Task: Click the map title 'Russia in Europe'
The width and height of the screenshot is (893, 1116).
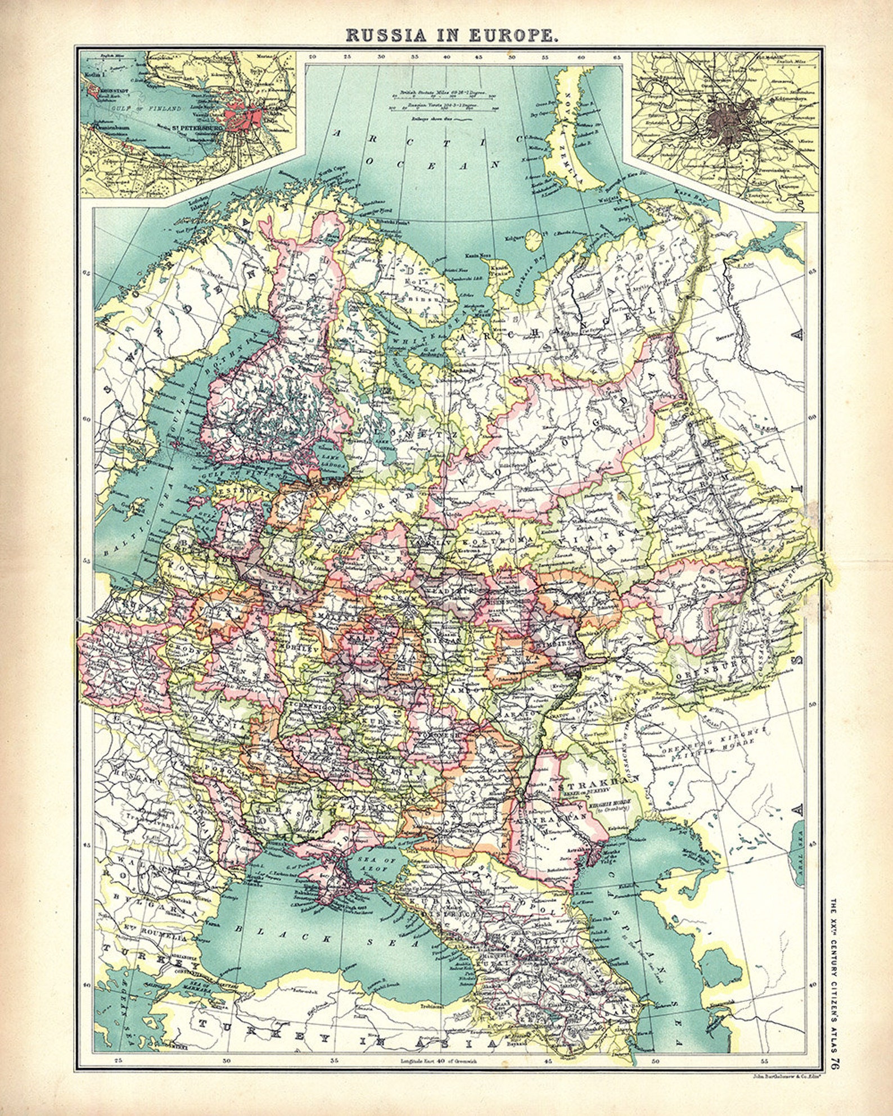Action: coord(452,34)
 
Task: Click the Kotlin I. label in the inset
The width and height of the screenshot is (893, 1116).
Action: coord(91,75)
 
